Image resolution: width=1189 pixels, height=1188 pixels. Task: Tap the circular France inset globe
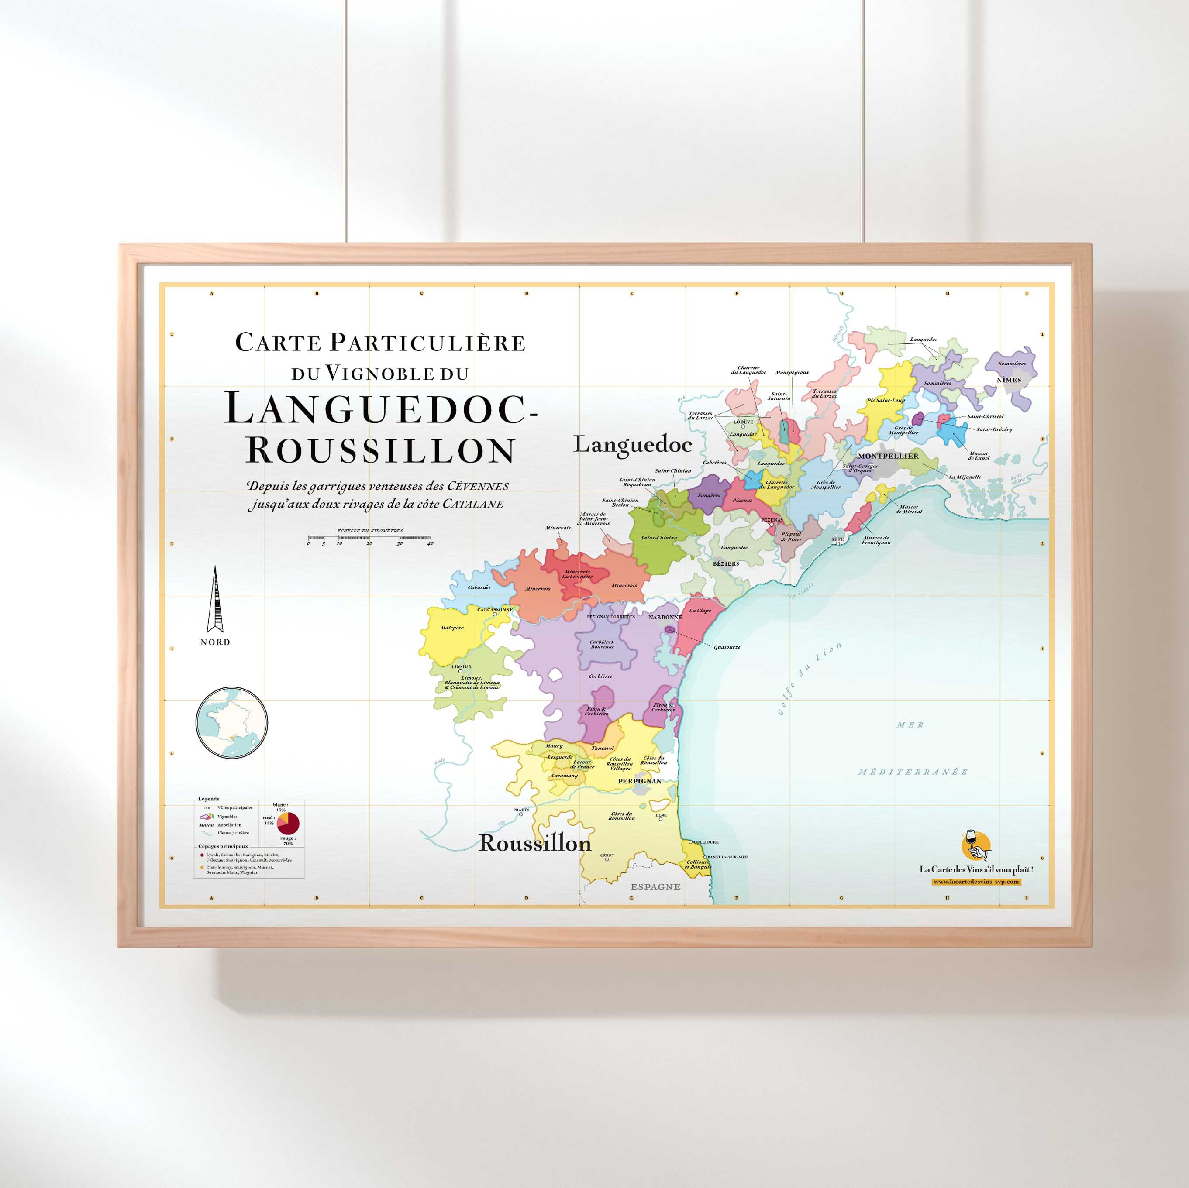click(232, 722)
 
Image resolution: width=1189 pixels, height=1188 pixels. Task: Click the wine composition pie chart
click(288, 823)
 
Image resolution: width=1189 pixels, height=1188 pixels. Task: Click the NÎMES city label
click(1009, 380)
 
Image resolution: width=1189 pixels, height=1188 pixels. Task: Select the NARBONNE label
click(665, 616)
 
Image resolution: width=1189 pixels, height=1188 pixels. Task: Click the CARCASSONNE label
click(495, 609)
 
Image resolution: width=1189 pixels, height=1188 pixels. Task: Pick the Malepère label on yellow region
click(452, 628)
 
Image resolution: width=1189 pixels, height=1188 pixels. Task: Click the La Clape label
click(700, 610)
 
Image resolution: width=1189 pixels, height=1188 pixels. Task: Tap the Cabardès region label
click(479, 587)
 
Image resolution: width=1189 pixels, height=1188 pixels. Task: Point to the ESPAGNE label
click(655, 886)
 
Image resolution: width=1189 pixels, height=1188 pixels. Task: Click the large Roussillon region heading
click(535, 843)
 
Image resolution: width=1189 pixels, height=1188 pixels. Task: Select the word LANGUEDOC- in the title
click(380, 409)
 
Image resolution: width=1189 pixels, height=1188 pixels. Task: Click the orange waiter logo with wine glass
click(975, 845)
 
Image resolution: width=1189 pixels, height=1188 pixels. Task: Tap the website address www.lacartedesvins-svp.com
click(976, 882)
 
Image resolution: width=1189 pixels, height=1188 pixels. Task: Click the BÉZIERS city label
click(726, 563)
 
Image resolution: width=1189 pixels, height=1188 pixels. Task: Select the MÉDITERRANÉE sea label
click(913, 772)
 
